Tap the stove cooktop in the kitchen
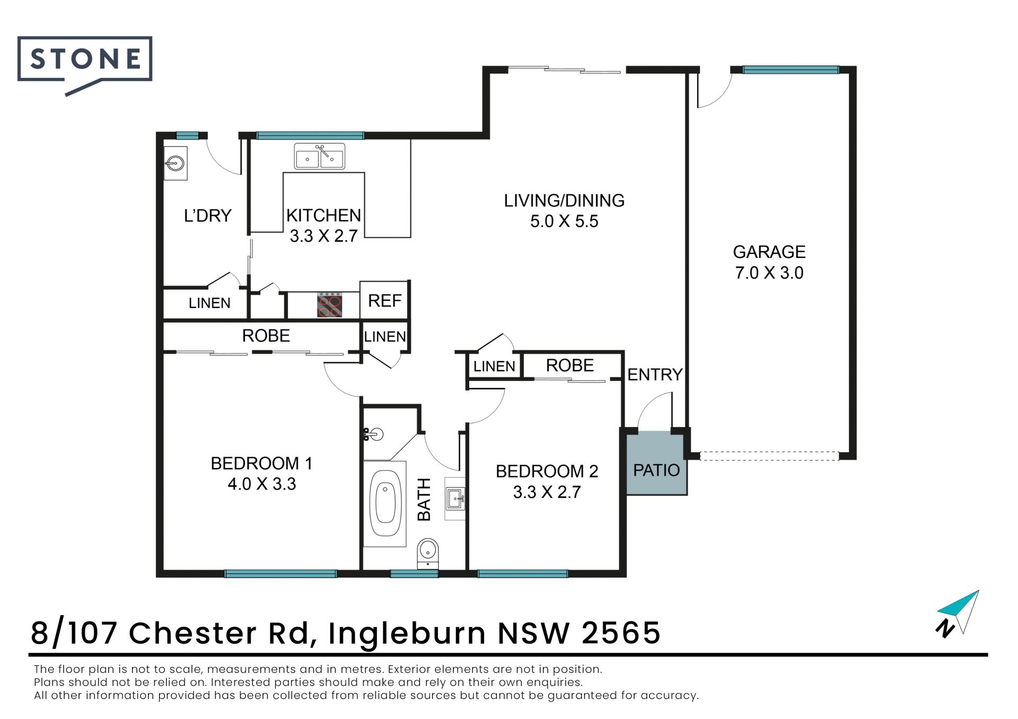tap(329, 305)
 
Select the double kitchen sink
tap(320, 156)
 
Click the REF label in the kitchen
tap(384, 300)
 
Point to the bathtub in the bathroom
tap(384, 503)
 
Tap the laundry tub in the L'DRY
tap(175, 163)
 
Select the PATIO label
tap(656, 470)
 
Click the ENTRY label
tap(655, 375)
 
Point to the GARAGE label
tap(769, 252)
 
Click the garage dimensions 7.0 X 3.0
tap(769, 273)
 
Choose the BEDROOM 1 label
tap(261, 463)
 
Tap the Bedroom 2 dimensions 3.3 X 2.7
tap(547, 492)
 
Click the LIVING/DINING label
tap(564, 200)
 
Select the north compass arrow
tap(958, 613)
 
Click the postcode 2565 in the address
tap(621, 633)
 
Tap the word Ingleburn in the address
tap(407, 634)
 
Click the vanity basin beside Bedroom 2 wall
tap(455, 499)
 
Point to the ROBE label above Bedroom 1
tap(266, 335)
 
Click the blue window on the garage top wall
tap(791, 69)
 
